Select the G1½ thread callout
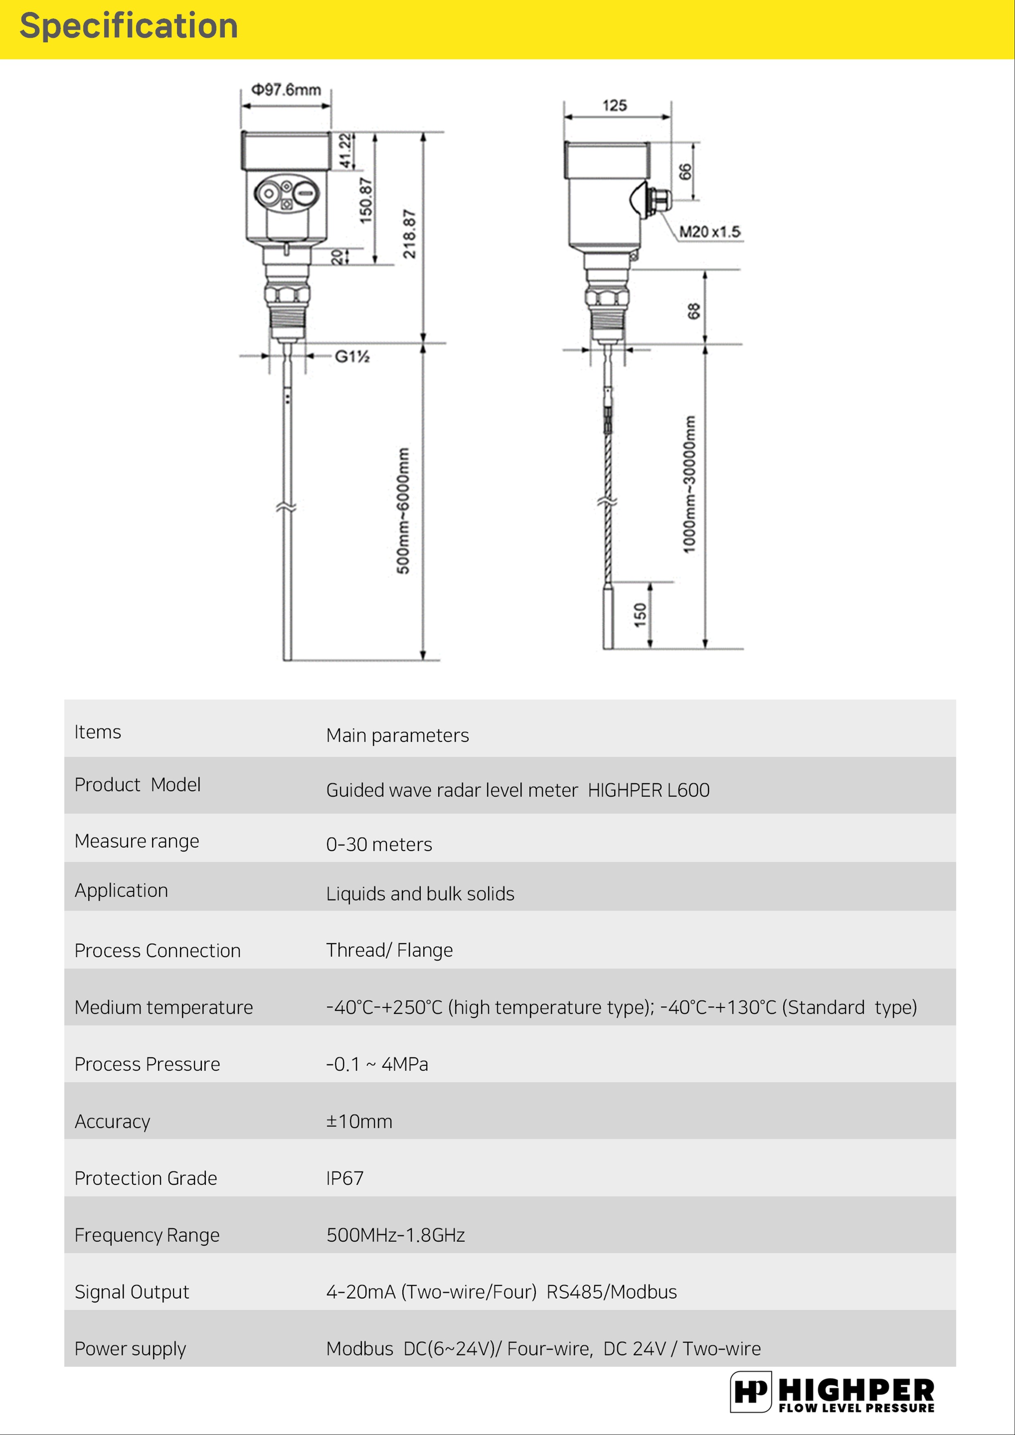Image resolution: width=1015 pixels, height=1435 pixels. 352,356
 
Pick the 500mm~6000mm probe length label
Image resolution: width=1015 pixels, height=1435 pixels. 404,511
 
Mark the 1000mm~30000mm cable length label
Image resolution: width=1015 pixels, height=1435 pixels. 688,484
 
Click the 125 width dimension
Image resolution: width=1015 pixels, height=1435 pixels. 614,105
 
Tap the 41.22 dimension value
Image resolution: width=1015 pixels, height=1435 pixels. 345,151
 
